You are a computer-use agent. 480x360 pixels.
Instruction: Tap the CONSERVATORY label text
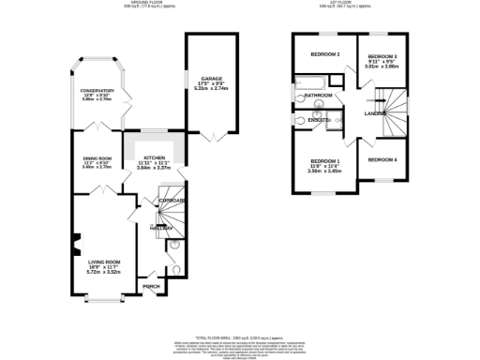(x=97, y=91)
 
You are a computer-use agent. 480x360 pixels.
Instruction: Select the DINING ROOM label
(x=97, y=158)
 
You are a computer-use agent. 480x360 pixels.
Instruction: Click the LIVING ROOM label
(x=105, y=262)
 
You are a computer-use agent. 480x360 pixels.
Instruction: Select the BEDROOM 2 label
(x=324, y=54)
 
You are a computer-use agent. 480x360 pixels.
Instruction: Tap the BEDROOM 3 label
(x=382, y=57)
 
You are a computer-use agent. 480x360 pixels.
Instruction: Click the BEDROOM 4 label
(x=382, y=160)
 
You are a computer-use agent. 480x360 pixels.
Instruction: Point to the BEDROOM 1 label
(x=324, y=162)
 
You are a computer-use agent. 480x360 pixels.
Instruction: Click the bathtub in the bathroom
(x=309, y=83)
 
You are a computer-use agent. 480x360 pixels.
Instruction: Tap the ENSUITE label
(x=318, y=120)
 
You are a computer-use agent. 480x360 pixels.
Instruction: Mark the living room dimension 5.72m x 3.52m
(x=105, y=272)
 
